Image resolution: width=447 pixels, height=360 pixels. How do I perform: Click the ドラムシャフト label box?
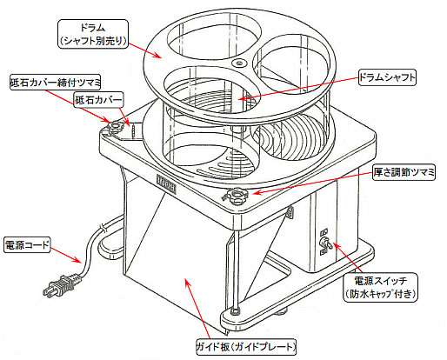tap(387, 77)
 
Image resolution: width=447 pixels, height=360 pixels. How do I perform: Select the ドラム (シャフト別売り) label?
tap(93, 34)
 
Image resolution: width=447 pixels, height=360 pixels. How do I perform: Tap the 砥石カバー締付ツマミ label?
tap(55, 83)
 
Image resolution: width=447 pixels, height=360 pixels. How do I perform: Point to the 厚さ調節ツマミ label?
tap(404, 172)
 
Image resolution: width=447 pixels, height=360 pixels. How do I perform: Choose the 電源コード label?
tap(27, 245)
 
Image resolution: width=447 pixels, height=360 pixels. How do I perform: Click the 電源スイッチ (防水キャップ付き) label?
tap(381, 287)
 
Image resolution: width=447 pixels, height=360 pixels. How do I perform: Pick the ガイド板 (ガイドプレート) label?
tap(246, 347)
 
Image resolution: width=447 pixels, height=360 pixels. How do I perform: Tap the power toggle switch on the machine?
tap(327, 243)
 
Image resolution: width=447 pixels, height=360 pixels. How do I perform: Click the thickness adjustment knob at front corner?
tap(237, 197)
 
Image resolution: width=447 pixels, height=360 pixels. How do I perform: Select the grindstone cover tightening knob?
tap(115, 127)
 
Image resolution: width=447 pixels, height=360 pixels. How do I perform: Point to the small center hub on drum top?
tap(239, 63)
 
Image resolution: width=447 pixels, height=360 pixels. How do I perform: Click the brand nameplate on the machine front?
tap(166, 183)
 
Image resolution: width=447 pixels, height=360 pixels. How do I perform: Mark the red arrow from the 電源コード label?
tap(66, 255)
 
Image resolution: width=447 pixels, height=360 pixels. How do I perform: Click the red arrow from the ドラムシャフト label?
tap(299, 88)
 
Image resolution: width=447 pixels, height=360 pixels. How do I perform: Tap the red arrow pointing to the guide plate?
tap(198, 309)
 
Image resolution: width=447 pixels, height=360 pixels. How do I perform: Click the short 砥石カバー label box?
tap(99, 100)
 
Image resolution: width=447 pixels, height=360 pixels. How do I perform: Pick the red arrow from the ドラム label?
tap(145, 50)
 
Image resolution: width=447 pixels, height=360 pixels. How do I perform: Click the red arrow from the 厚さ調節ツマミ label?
tap(313, 183)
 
